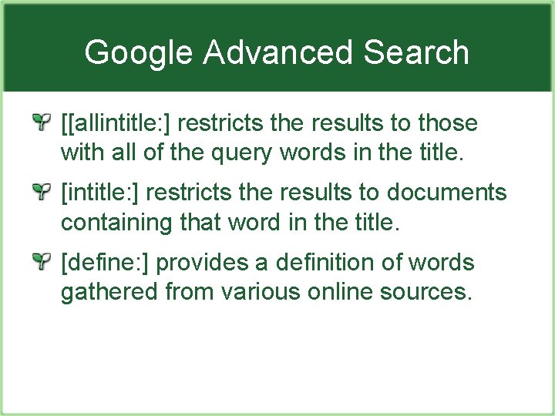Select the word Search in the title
pyautogui.click(x=416, y=52)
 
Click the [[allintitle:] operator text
pyautogui.click(x=120, y=122)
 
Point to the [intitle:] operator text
pyautogui.click(x=100, y=193)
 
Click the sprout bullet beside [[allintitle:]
pyautogui.click(x=44, y=122)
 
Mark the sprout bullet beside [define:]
pyautogui.click(x=44, y=262)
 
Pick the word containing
pyautogui.click(x=116, y=224)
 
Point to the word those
pyautogui.click(x=449, y=122)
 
